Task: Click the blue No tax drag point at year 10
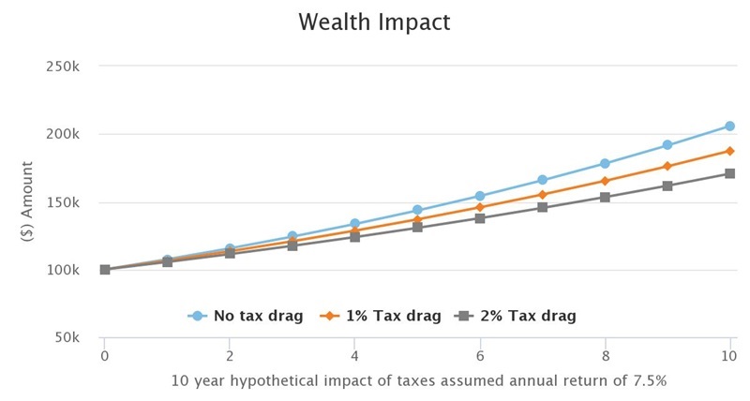click(x=730, y=126)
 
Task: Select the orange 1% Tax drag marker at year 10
click(x=730, y=151)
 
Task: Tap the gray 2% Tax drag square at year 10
click(x=730, y=173)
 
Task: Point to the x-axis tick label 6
click(x=480, y=356)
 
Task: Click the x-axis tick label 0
click(x=105, y=356)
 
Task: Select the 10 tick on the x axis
click(x=729, y=356)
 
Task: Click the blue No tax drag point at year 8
click(x=606, y=164)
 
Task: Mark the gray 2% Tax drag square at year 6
click(x=480, y=218)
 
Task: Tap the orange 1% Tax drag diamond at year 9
click(x=667, y=166)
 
